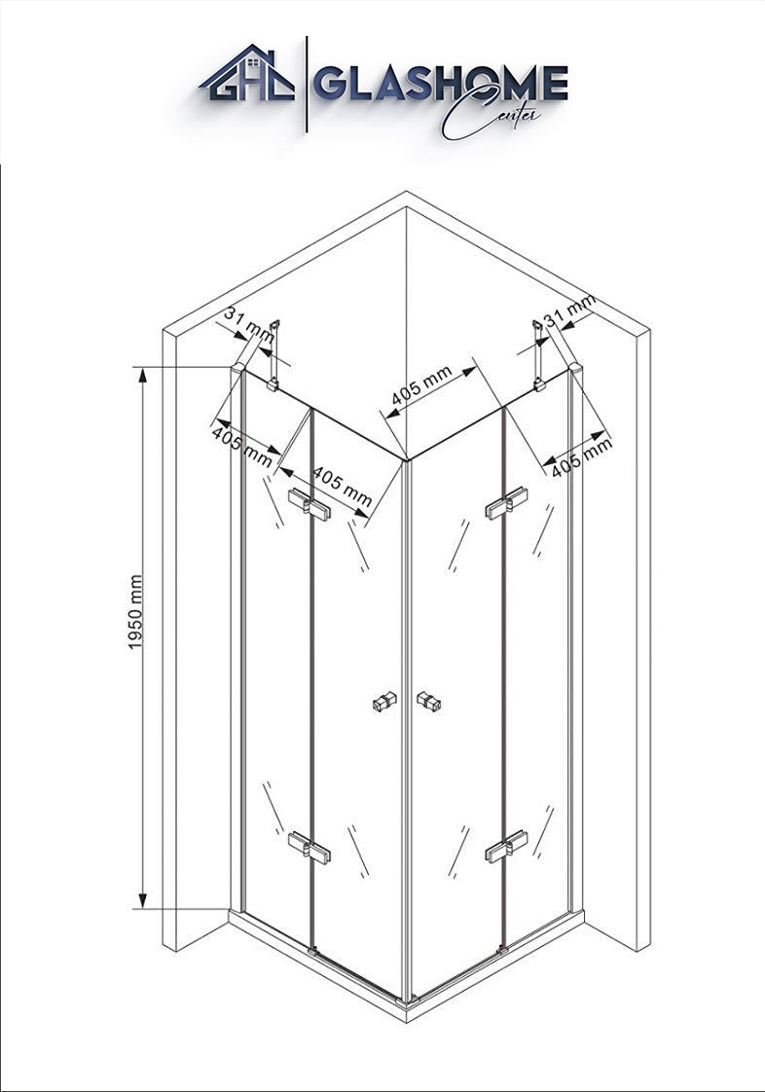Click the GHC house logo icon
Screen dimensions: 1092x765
click(247, 75)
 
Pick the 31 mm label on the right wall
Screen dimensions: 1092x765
click(569, 312)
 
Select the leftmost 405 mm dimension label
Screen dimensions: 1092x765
click(241, 443)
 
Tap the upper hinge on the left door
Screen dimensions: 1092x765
click(310, 503)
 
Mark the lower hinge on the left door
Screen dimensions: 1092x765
click(310, 847)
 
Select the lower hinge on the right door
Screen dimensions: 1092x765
click(506, 848)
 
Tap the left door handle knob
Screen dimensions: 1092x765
click(385, 702)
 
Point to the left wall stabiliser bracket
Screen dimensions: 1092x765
click(273, 355)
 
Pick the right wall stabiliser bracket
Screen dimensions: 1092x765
click(538, 355)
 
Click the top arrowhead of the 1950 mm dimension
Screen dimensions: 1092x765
click(143, 374)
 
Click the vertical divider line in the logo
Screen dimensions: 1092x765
click(308, 85)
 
